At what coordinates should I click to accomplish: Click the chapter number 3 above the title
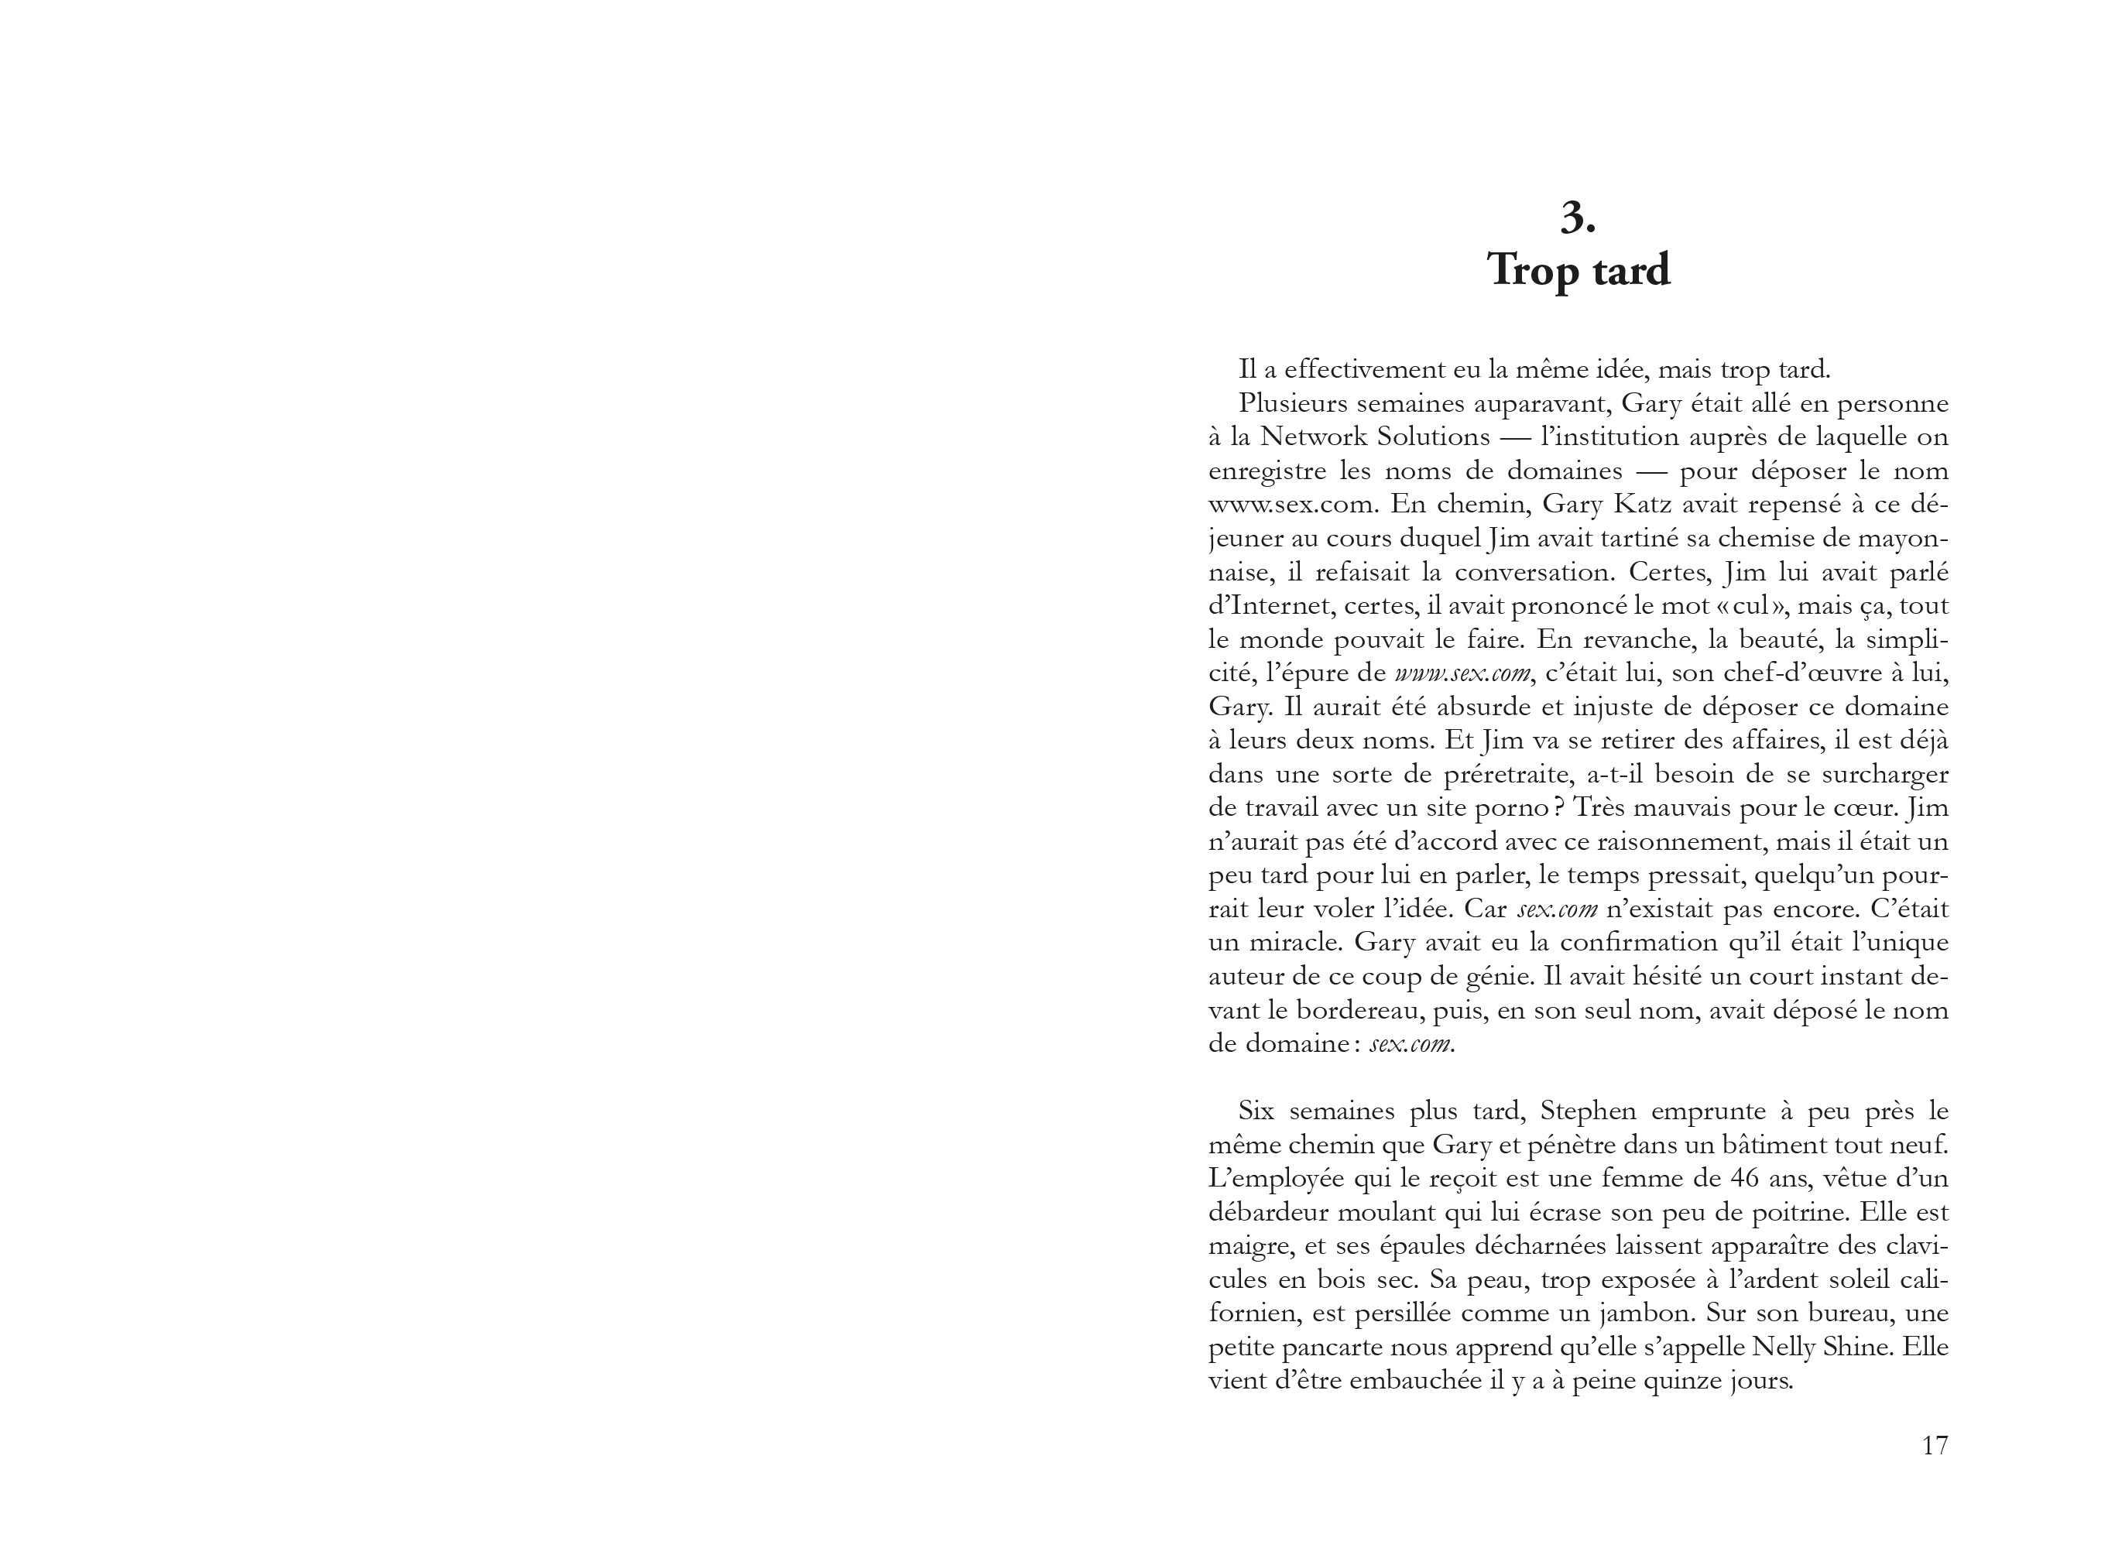click(1577, 218)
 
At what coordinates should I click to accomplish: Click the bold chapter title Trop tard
click(1578, 271)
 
